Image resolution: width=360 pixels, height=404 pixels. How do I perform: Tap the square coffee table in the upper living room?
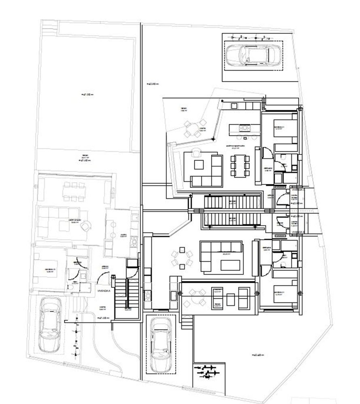point(199,164)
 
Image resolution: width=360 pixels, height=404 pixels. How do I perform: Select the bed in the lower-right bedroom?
point(279,295)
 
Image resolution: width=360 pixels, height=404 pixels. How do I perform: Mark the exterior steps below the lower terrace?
point(186,322)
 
